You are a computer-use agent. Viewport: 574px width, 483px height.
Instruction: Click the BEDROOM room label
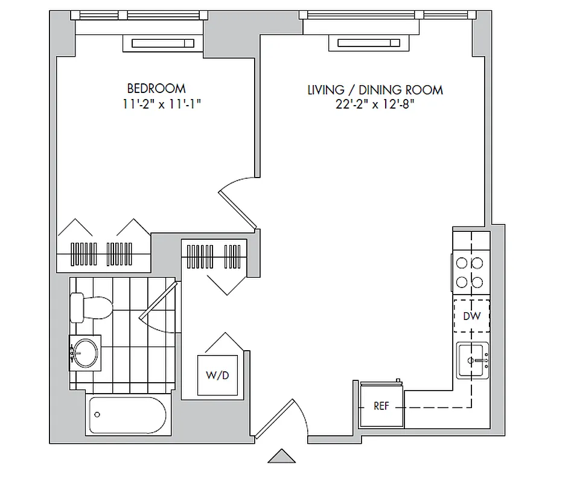(156, 88)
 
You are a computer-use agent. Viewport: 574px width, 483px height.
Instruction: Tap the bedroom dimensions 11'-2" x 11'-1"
(161, 104)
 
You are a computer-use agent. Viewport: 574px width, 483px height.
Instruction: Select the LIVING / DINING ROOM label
(375, 90)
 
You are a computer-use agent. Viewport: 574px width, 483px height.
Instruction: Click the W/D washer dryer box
(218, 375)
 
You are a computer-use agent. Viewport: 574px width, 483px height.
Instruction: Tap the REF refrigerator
(381, 406)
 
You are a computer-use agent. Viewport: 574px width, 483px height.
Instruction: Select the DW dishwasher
(471, 316)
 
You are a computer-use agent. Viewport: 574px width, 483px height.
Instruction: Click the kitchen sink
(473, 360)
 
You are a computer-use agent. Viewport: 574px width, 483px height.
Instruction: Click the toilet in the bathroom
(90, 307)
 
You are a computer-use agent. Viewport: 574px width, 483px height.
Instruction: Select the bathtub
(127, 415)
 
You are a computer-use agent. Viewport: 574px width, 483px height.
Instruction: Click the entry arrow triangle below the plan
(282, 456)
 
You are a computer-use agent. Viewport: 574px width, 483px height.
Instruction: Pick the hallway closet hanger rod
(214, 255)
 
